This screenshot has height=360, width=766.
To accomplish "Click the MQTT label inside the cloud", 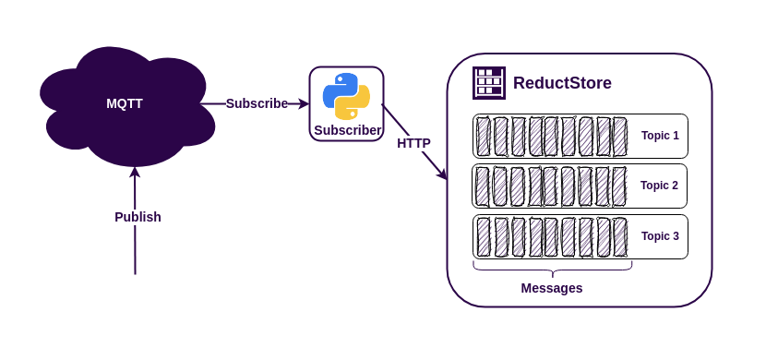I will point(125,103).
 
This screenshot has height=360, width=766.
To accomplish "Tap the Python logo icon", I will point(346,96).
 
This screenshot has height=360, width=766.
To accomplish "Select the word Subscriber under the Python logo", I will point(347,130).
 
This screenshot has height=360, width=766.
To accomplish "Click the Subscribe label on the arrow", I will point(257,103).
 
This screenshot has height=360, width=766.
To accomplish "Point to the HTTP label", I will point(413,143).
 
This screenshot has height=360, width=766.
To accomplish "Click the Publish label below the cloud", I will point(138,217).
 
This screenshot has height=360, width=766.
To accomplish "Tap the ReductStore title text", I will point(562,83).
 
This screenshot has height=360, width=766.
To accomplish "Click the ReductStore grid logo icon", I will point(489,83).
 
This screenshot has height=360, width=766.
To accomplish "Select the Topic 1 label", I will point(660,136).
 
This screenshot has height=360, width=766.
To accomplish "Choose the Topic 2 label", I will point(659,186).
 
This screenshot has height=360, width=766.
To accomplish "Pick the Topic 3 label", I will point(660,236).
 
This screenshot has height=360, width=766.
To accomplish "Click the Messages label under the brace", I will point(552,288).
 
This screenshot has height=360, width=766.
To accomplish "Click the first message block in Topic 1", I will point(484,137).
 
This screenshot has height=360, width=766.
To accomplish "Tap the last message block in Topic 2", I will point(618,186).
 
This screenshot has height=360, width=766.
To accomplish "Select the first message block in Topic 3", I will point(484,237).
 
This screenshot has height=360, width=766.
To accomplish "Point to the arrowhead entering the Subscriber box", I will point(304,104).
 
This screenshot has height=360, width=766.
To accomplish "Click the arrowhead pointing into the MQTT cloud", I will point(135,172).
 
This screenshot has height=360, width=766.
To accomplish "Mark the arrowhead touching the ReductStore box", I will point(442,174).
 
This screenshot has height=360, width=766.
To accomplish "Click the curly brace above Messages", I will point(552,269).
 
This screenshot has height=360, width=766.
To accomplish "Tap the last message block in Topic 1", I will point(619,137).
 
